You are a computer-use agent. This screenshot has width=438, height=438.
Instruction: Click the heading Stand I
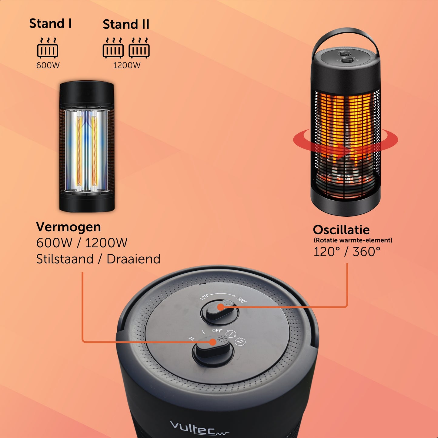click(50, 23)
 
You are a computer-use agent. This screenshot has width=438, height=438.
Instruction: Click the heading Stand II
click(126, 24)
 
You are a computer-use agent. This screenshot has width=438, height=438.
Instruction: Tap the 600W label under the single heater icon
click(48, 65)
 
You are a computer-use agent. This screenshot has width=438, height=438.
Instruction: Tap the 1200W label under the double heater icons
click(127, 65)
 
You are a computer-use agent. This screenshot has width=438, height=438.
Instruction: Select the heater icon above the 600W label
click(48, 48)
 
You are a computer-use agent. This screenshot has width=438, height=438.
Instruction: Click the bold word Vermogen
click(69, 227)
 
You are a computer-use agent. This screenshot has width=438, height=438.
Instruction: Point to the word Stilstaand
click(65, 259)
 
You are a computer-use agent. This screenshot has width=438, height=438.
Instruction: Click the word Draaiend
click(133, 259)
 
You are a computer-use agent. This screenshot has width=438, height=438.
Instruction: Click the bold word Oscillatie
click(341, 230)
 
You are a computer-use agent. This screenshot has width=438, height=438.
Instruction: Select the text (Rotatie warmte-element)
click(353, 240)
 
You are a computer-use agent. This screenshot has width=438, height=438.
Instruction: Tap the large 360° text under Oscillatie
click(366, 252)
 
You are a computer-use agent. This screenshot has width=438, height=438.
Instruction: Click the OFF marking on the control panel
click(217, 330)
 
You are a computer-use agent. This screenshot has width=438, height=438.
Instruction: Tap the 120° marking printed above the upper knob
click(204, 297)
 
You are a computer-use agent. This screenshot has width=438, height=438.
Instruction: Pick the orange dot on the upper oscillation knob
click(220, 307)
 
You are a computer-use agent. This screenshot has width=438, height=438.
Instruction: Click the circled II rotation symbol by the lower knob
click(240, 341)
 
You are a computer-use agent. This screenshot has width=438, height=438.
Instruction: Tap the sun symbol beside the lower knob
click(222, 339)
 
